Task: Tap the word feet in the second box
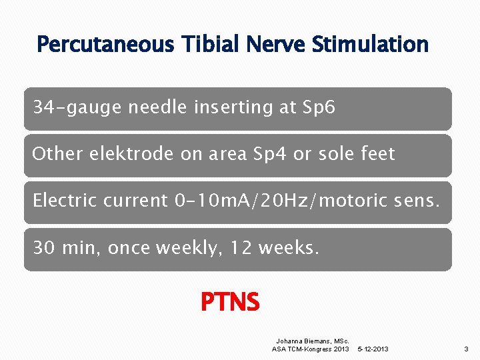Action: pos(376,154)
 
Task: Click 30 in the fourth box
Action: pos(44,248)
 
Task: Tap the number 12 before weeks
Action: pos(239,248)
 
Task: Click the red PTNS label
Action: pos(230,303)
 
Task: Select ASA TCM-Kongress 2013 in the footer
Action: pos(310,349)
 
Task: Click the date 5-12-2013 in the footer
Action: pos(374,349)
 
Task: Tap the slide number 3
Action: pos(466,349)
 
